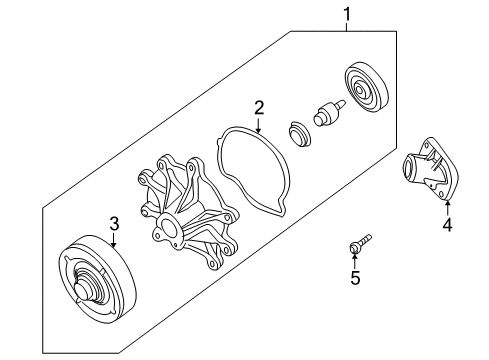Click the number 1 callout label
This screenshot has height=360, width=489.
pos(348,16)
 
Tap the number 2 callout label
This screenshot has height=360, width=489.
pos(258,107)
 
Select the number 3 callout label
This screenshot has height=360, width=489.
pos(115,223)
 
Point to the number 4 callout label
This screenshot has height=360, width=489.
pos(447,225)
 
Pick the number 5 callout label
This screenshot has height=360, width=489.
pos(355,278)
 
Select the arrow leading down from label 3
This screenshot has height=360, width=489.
pos(115,240)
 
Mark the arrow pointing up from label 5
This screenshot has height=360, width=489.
pos(355,259)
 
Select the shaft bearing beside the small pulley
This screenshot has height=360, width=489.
pos(326,111)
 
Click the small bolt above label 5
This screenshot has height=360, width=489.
pos(359,242)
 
